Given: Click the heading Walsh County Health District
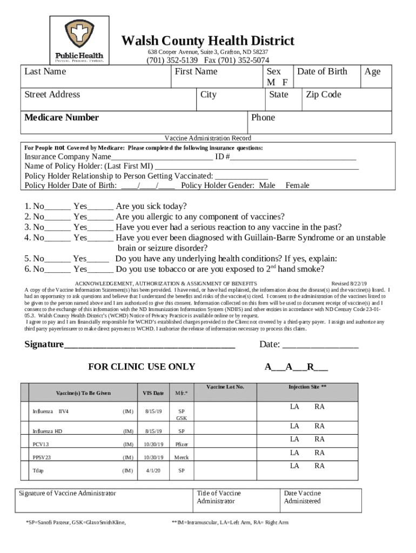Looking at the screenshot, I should (x=207, y=41).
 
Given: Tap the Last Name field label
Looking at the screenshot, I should (x=45, y=72).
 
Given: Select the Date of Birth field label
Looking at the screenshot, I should (x=322, y=72).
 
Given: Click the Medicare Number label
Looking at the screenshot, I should (x=62, y=118).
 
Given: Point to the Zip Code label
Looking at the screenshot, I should (x=323, y=95).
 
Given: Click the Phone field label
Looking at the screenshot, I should (x=263, y=118).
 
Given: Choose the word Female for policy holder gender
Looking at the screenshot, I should (x=297, y=185).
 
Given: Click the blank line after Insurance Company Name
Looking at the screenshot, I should (x=162, y=158).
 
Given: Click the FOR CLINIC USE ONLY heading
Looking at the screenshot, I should (x=142, y=367).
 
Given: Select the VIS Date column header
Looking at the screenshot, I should (x=153, y=393).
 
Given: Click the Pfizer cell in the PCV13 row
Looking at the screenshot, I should (x=181, y=444).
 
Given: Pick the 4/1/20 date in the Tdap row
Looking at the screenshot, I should (x=153, y=470).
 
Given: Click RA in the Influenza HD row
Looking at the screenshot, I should (x=319, y=427).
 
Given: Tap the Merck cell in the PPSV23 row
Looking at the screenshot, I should (x=181, y=457).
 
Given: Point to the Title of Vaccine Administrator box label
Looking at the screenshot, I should (x=219, y=497).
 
